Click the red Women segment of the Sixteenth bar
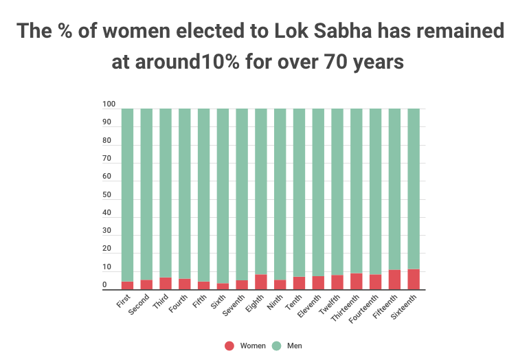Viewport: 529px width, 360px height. click(x=413, y=280)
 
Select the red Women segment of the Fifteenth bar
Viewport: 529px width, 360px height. click(x=394, y=280)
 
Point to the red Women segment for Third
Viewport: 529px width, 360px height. click(x=166, y=284)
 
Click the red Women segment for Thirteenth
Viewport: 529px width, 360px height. click(x=356, y=282)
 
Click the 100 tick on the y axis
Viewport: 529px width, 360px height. click(x=109, y=105)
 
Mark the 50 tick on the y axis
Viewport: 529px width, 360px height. click(x=106, y=195)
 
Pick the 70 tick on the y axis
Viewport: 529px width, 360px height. click(x=106, y=159)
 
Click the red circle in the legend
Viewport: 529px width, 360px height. click(x=229, y=346)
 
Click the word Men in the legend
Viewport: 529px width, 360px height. click(x=295, y=346)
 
